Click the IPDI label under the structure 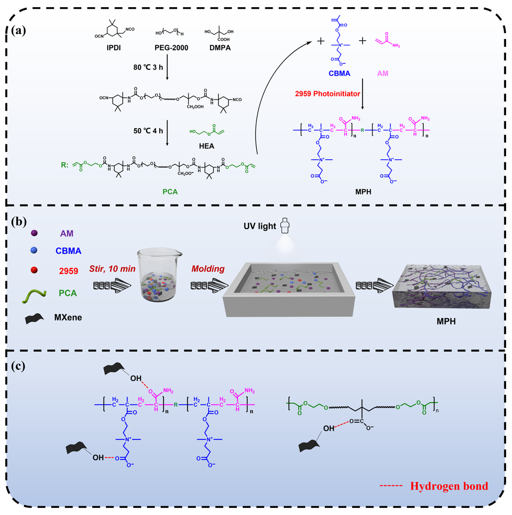point(114,48)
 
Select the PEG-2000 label point(171,48)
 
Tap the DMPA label point(220,48)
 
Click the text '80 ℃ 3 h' point(148,67)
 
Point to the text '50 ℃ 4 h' point(148,131)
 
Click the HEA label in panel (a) point(207,146)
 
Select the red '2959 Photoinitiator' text point(327,94)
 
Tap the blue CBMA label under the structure point(339,74)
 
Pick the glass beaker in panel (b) point(159,275)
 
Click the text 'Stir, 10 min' point(112,269)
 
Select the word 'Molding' point(208,269)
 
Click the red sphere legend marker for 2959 point(34,270)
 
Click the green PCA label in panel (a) point(170,192)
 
